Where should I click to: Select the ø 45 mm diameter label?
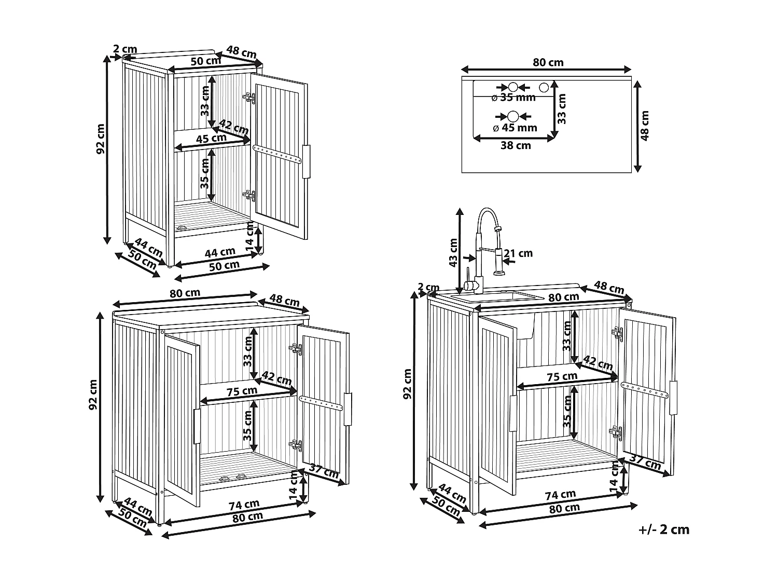[x=515, y=128]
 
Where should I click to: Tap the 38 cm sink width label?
[x=516, y=145]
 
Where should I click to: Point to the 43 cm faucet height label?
[x=453, y=252]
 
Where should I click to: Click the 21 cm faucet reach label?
[x=518, y=253]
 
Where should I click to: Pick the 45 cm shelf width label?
[x=211, y=138]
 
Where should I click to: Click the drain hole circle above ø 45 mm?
[x=513, y=116]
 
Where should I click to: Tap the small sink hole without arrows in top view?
[x=544, y=87]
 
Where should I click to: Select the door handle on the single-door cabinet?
[x=306, y=161]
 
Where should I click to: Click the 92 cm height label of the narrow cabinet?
[x=101, y=139]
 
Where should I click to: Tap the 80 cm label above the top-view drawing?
[x=548, y=62]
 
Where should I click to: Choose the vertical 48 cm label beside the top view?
[x=645, y=126]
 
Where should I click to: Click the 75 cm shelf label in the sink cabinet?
[x=562, y=376]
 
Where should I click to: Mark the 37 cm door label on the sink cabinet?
[x=645, y=462]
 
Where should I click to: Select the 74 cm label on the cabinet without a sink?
[x=244, y=505]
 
